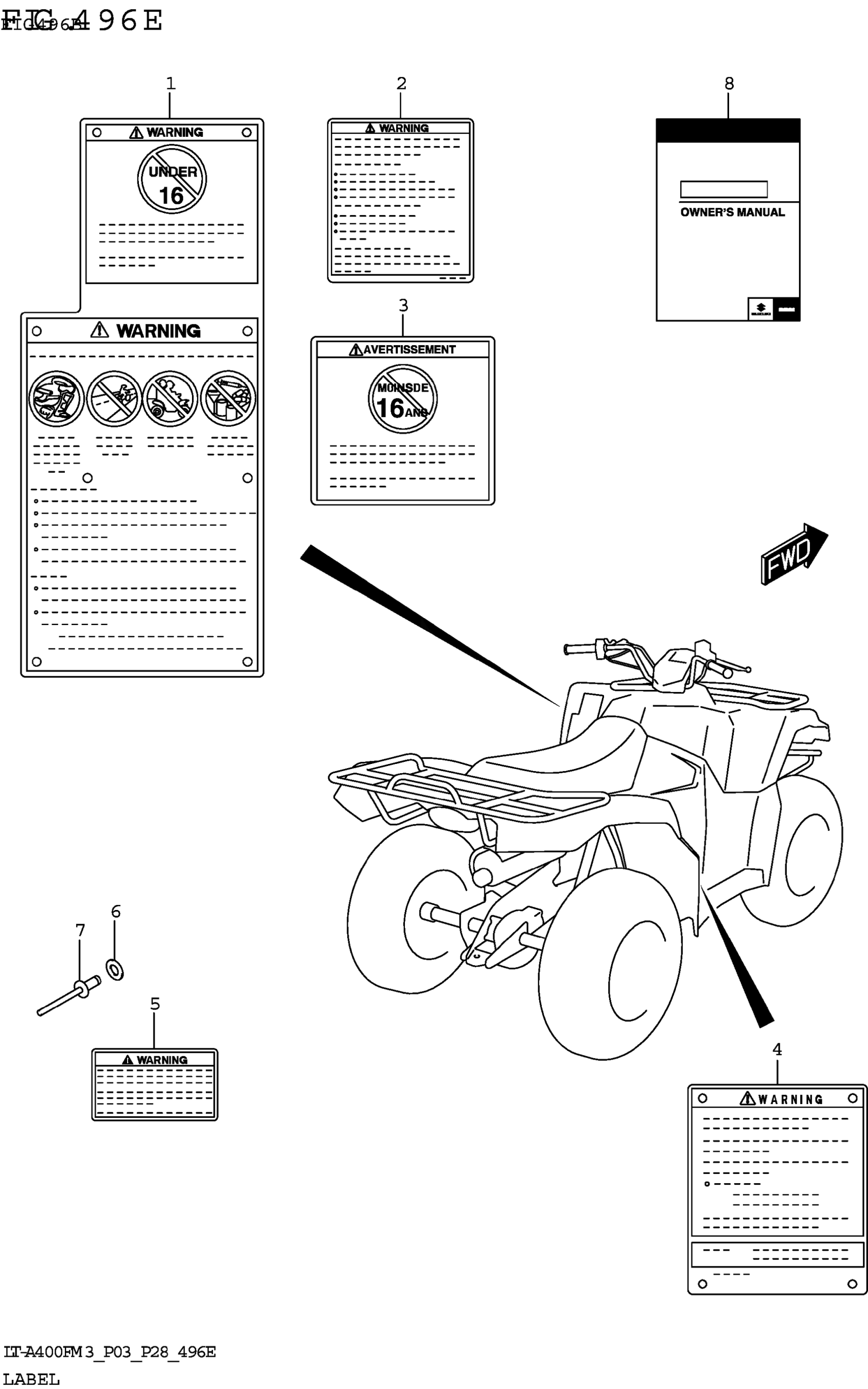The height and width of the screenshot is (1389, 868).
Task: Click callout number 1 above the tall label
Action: (x=170, y=84)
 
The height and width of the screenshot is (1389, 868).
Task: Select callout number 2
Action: (x=401, y=84)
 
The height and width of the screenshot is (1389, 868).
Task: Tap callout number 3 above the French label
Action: (x=403, y=305)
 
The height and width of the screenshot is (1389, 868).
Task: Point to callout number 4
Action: (x=777, y=1049)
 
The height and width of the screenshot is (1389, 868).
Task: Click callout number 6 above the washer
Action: (x=115, y=912)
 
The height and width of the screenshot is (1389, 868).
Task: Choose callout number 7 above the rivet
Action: (x=80, y=930)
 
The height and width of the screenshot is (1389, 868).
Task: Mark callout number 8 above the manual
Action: (x=729, y=84)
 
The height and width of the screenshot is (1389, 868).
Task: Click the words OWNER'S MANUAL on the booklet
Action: (x=732, y=212)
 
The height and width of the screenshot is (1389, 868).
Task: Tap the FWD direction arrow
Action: (x=792, y=554)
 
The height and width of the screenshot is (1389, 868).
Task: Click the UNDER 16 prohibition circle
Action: (x=172, y=180)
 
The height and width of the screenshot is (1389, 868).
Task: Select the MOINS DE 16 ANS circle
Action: (x=402, y=399)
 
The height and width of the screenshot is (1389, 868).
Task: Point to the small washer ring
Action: (x=115, y=969)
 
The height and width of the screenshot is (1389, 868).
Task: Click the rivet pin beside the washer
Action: (x=66, y=999)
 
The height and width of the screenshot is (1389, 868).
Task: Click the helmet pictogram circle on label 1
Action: (x=56, y=398)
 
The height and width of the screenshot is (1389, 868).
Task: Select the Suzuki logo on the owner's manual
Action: (x=760, y=309)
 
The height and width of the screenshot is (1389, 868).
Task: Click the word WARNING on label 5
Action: (x=161, y=1060)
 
